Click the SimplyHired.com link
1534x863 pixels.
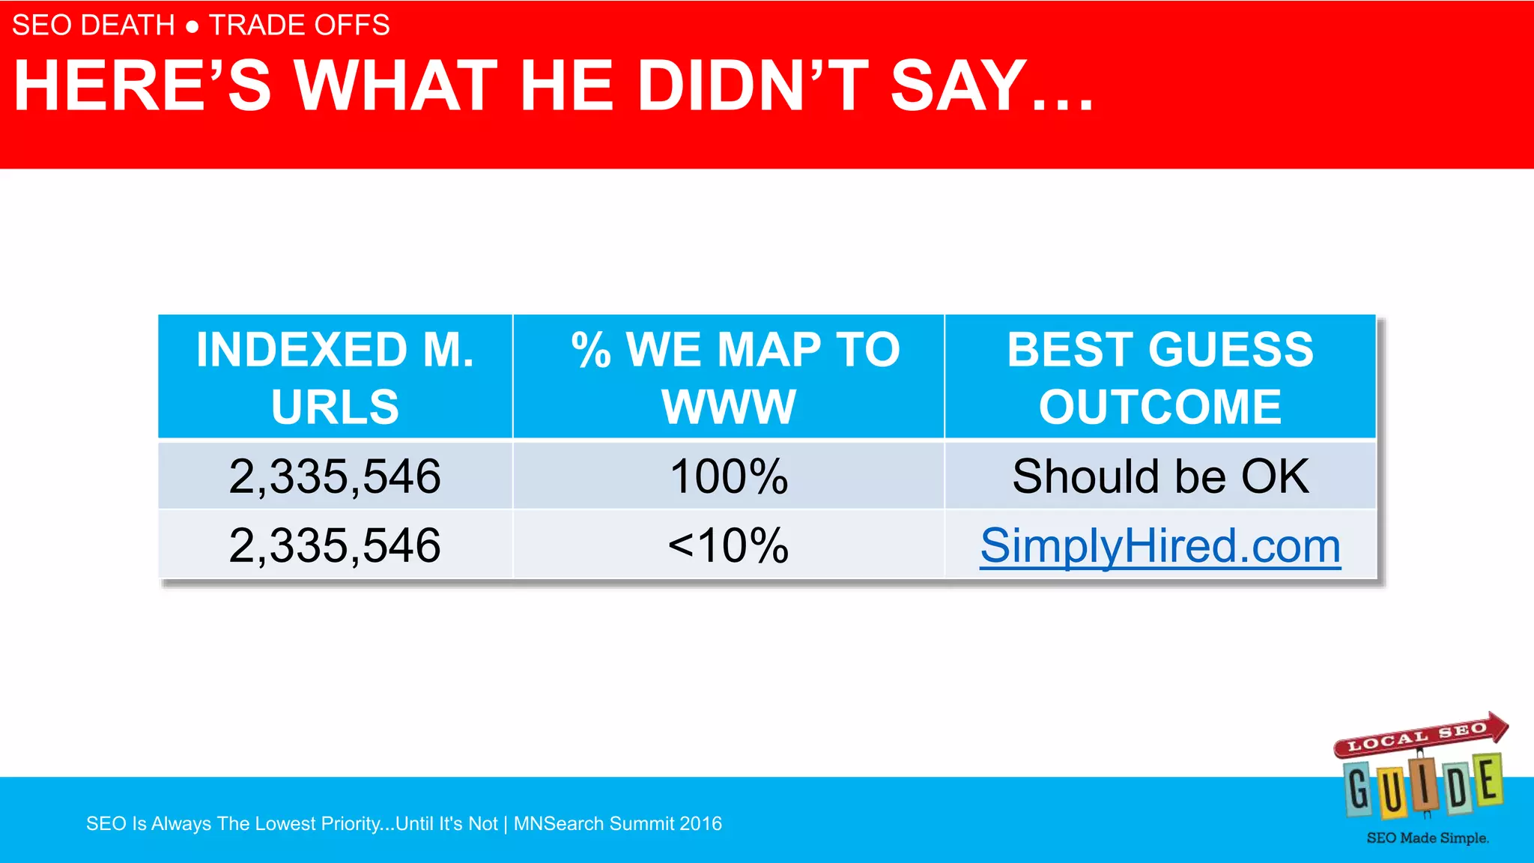pos(1160,545)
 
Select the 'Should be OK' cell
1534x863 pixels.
pos(1160,476)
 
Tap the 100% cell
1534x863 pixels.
pos(729,476)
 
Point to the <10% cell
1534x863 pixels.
pos(729,545)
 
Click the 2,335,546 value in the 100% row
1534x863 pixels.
pos(335,476)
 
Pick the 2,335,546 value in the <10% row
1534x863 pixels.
pos(335,545)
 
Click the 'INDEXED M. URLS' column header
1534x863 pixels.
pos(335,378)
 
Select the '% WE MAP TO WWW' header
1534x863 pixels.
pos(729,378)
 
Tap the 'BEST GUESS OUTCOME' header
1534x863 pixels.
pos(1160,378)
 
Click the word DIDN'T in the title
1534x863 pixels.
pos(753,85)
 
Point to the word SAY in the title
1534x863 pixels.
pos(959,85)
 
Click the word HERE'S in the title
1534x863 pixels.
pos(142,85)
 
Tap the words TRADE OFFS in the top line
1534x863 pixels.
pos(300,25)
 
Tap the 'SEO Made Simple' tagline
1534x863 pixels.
pos(1427,838)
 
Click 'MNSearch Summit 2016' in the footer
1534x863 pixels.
pos(618,824)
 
